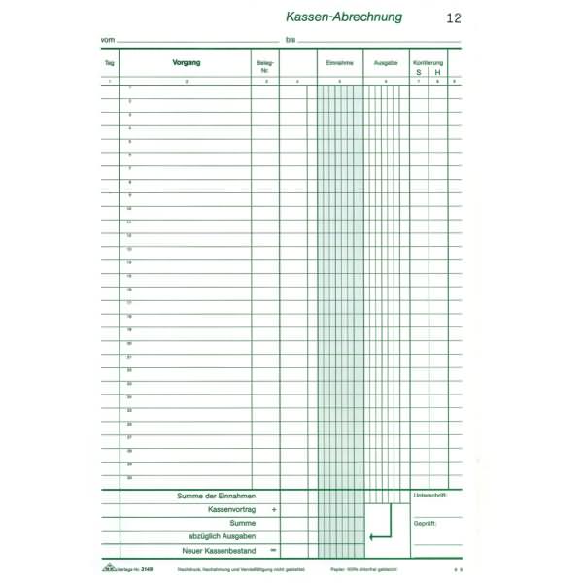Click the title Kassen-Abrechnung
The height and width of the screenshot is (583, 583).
(344, 17)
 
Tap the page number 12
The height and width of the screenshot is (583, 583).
(454, 17)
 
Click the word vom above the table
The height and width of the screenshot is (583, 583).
(107, 39)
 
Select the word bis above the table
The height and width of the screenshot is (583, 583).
(291, 39)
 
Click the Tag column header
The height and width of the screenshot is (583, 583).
(110, 63)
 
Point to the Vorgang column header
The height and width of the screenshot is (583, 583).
(187, 62)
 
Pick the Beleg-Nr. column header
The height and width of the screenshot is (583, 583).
(264, 66)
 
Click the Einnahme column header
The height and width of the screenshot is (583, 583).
(340, 63)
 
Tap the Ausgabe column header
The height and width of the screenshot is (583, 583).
(386, 63)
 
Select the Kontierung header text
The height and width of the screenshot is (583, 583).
(428, 62)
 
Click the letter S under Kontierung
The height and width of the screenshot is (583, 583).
(419, 72)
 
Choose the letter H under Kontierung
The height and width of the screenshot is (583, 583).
(437, 72)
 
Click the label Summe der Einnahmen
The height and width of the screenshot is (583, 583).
(215, 496)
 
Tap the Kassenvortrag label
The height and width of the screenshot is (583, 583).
(230, 509)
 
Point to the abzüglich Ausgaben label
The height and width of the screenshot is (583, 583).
(222, 536)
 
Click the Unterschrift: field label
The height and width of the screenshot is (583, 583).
(430, 496)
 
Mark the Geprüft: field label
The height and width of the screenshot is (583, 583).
(425, 523)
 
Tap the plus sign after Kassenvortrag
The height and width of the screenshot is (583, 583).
(274, 509)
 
